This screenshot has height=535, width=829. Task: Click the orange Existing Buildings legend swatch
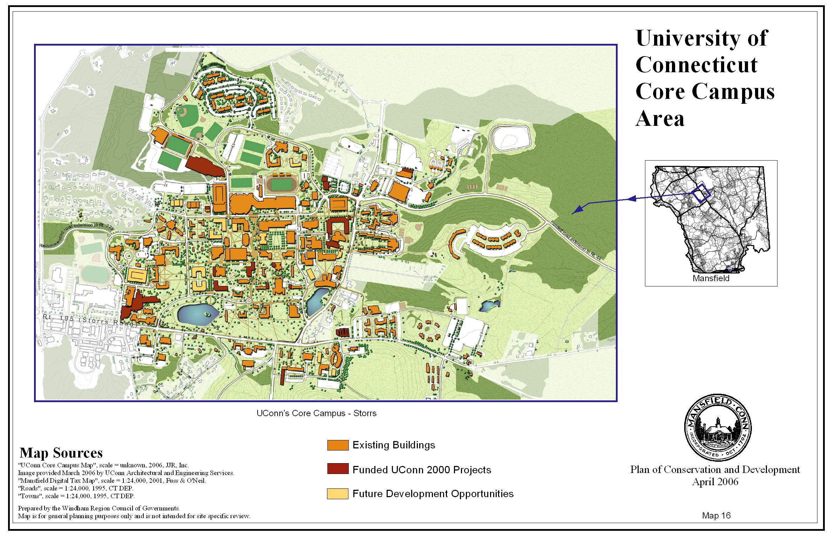tap(338, 445)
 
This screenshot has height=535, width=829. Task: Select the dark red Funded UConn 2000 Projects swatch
tap(338, 469)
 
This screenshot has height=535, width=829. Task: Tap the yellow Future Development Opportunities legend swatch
tap(338, 494)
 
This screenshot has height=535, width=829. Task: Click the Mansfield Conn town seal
tap(718, 428)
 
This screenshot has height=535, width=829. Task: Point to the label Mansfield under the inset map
tap(711, 278)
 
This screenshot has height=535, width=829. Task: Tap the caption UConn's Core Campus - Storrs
tap(316, 413)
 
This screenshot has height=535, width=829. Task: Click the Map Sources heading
tap(61, 453)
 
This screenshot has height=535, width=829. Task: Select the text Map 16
tap(716, 515)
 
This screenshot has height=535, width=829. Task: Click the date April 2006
tap(715, 482)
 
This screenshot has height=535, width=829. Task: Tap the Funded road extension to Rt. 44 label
tap(575, 241)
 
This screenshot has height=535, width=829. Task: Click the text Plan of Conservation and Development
tap(715, 469)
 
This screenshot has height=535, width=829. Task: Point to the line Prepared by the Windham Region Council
tap(99, 508)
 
